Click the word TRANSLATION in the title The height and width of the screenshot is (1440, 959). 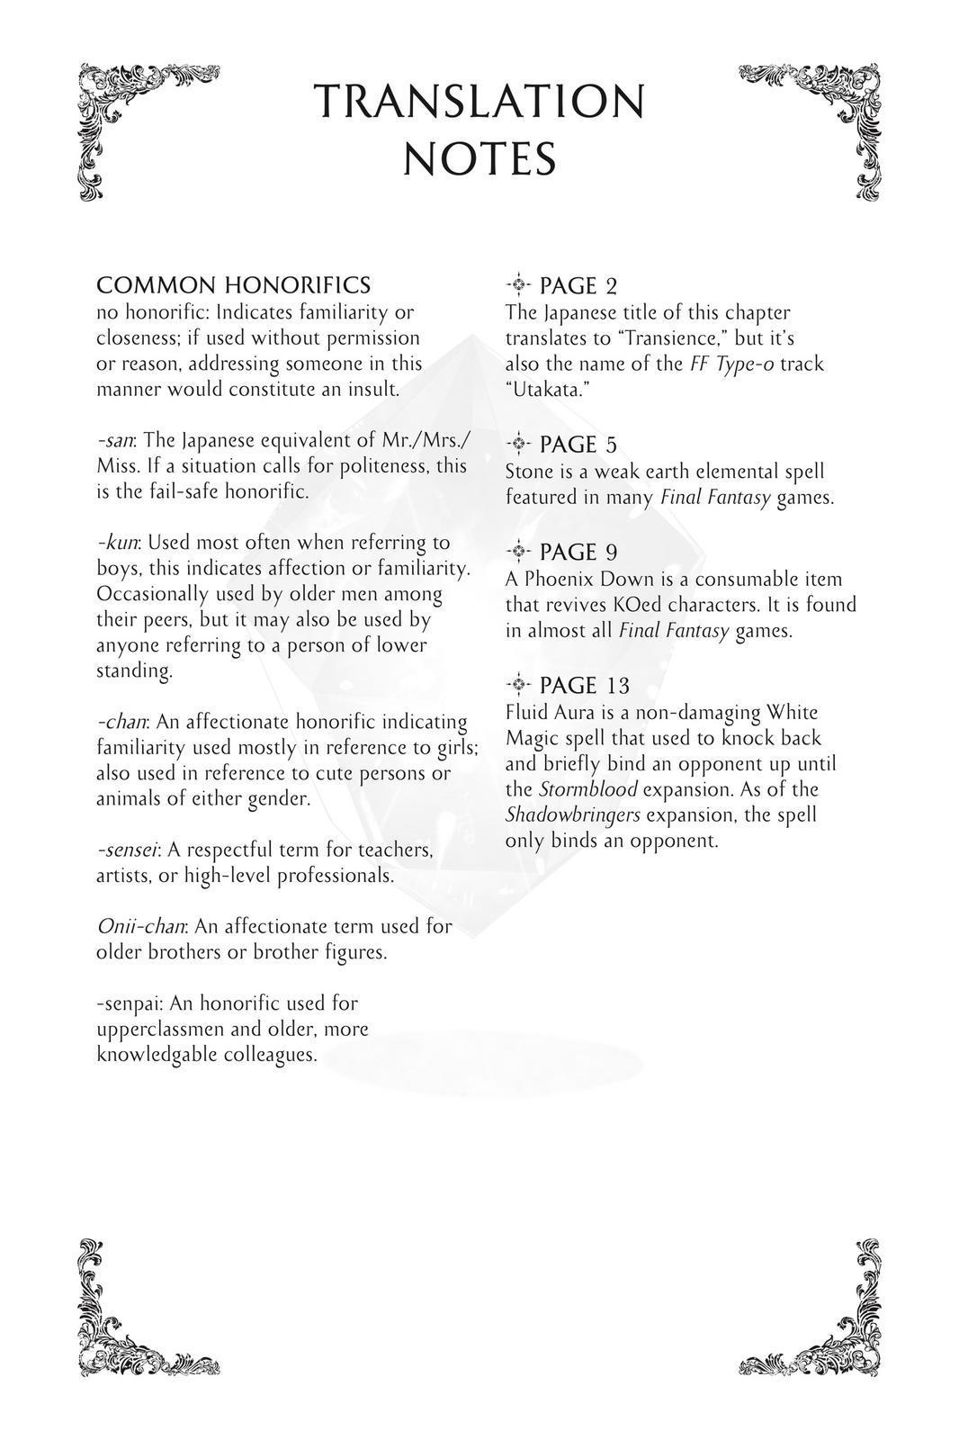[x=479, y=101]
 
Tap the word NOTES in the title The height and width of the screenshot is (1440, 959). [x=479, y=159]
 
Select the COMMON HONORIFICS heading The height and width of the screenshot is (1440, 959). [x=233, y=285]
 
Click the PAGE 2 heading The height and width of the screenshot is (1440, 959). [x=578, y=286]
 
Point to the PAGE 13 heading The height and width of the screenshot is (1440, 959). [x=585, y=685]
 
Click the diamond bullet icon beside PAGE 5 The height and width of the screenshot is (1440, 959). [x=518, y=445]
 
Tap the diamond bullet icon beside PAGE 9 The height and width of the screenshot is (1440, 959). [x=518, y=552]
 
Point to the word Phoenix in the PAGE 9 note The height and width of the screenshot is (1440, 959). [x=560, y=579]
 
